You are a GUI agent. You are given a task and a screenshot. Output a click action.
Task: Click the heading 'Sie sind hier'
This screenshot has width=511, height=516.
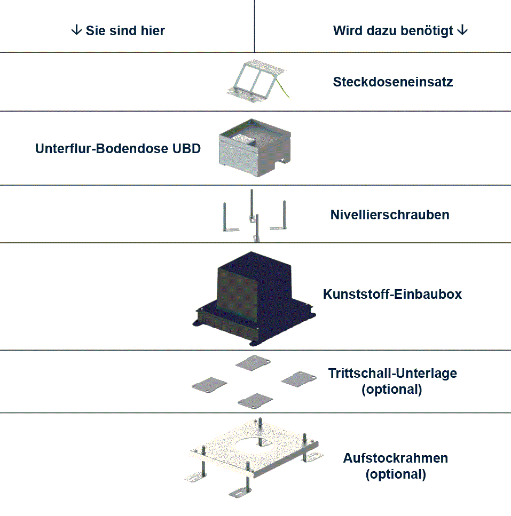pos(124,30)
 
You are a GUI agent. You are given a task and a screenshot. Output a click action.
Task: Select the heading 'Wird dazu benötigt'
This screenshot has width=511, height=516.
pos(394,30)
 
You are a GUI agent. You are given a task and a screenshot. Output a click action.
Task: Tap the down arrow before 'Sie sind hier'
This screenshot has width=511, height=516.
pos(76,30)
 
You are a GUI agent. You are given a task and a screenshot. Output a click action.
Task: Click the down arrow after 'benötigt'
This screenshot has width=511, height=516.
pos(463,30)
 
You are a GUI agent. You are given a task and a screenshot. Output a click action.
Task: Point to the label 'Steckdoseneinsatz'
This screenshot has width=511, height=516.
pos(393,82)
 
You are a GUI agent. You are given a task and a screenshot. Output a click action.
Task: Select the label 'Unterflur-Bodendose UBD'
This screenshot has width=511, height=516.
pos(118,149)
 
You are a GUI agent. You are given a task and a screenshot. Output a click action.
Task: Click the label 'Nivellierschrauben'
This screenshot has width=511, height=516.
pos(390,215)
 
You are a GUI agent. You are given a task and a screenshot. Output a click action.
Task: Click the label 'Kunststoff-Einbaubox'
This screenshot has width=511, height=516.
pos(392,294)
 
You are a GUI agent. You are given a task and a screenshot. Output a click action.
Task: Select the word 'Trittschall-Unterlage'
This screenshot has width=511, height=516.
pos(392,373)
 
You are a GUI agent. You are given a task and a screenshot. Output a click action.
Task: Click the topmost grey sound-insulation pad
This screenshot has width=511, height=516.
pos(253,363)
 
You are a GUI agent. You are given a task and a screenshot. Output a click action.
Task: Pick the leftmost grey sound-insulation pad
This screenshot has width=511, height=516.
pos(209,384)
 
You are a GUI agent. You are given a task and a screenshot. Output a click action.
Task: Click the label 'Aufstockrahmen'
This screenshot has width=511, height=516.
pos(396,458)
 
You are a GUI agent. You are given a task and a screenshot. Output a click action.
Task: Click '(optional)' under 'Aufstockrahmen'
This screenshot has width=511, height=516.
pos(396,474)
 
